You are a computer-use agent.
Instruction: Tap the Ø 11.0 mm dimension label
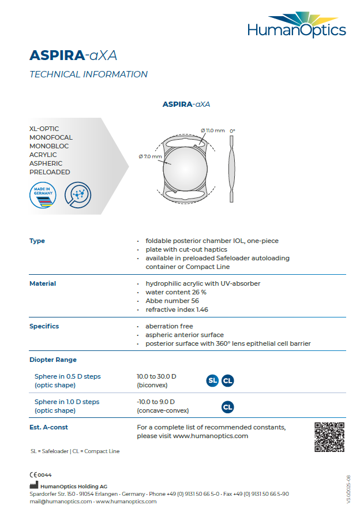click(x=212, y=130)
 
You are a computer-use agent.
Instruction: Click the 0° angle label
click(x=232, y=131)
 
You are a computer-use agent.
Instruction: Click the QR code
click(x=329, y=437)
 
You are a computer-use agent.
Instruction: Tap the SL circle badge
click(x=213, y=380)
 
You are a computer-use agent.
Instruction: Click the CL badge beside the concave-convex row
click(x=228, y=406)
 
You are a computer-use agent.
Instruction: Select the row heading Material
click(x=43, y=283)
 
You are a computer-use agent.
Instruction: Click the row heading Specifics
click(x=44, y=326)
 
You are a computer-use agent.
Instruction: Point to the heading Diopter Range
click(x=53, y=360)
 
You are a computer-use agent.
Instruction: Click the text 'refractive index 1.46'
click(x=177, y=309)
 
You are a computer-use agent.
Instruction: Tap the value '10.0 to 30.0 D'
click(x=156, y=376)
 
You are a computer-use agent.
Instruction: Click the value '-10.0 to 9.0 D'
click(x=156, y=402)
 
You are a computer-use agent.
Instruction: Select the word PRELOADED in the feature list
click(x=50, y=172)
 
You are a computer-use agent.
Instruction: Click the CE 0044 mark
click(x=40, y=474)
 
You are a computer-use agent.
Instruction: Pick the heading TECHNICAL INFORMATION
click(x=88, y=74)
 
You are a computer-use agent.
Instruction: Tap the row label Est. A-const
click(x=49, y=427)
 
